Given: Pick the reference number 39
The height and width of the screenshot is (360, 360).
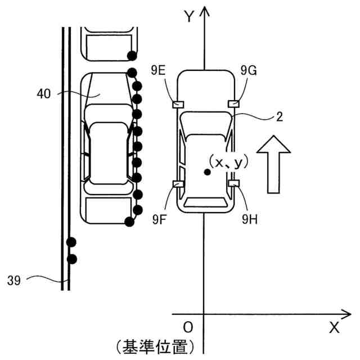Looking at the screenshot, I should click(14, 280).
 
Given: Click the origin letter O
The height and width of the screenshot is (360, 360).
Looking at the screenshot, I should click(188, 327).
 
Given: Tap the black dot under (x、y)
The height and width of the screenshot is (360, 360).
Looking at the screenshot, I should click(208, 173).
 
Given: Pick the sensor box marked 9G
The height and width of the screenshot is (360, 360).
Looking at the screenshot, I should click(233, 103).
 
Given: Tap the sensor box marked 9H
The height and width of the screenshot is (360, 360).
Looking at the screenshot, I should click(234, 183).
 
